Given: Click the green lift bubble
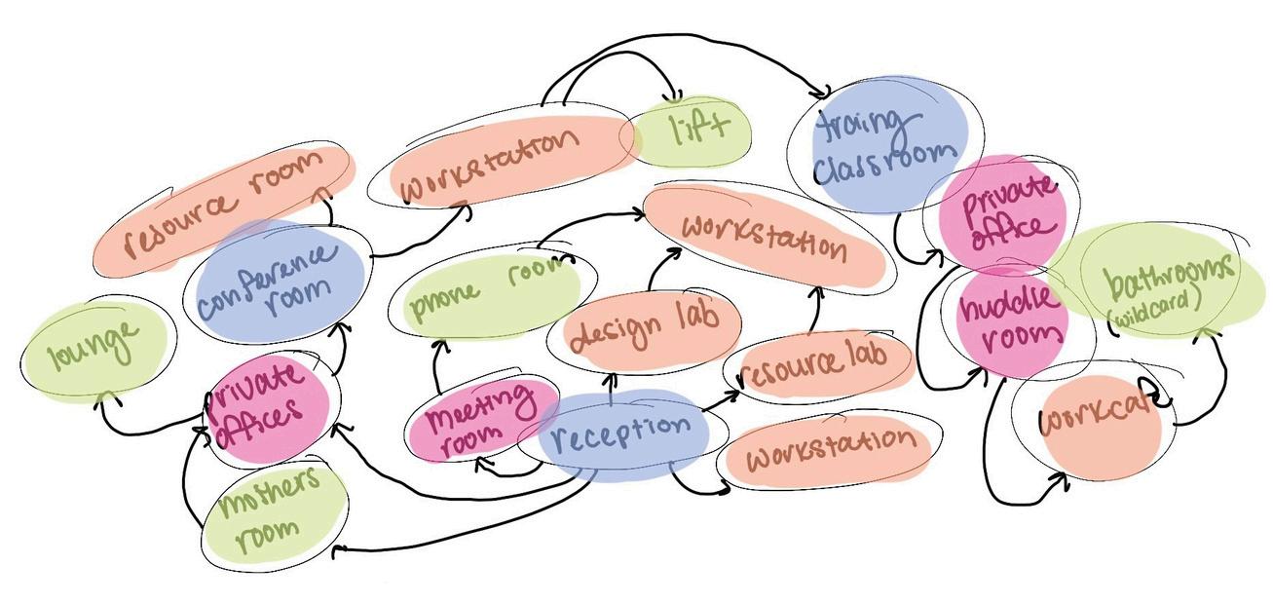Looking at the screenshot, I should click(x=693, y=131).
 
